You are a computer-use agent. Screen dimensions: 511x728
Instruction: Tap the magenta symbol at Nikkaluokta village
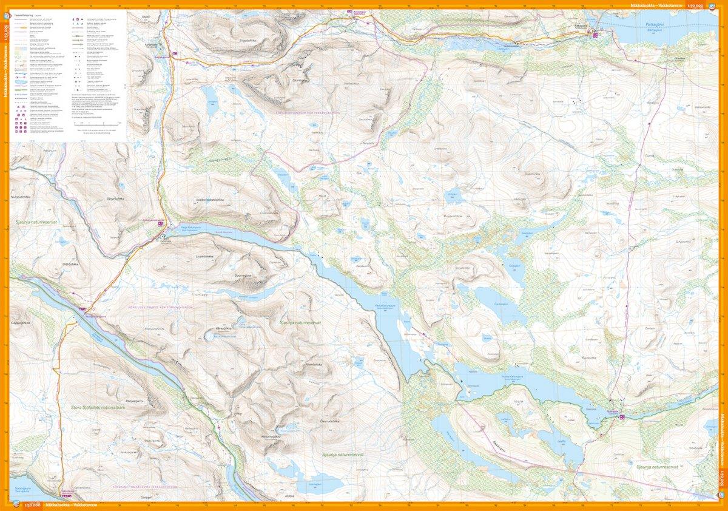[596, 35]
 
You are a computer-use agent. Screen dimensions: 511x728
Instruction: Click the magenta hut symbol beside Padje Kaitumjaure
[161, 224]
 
